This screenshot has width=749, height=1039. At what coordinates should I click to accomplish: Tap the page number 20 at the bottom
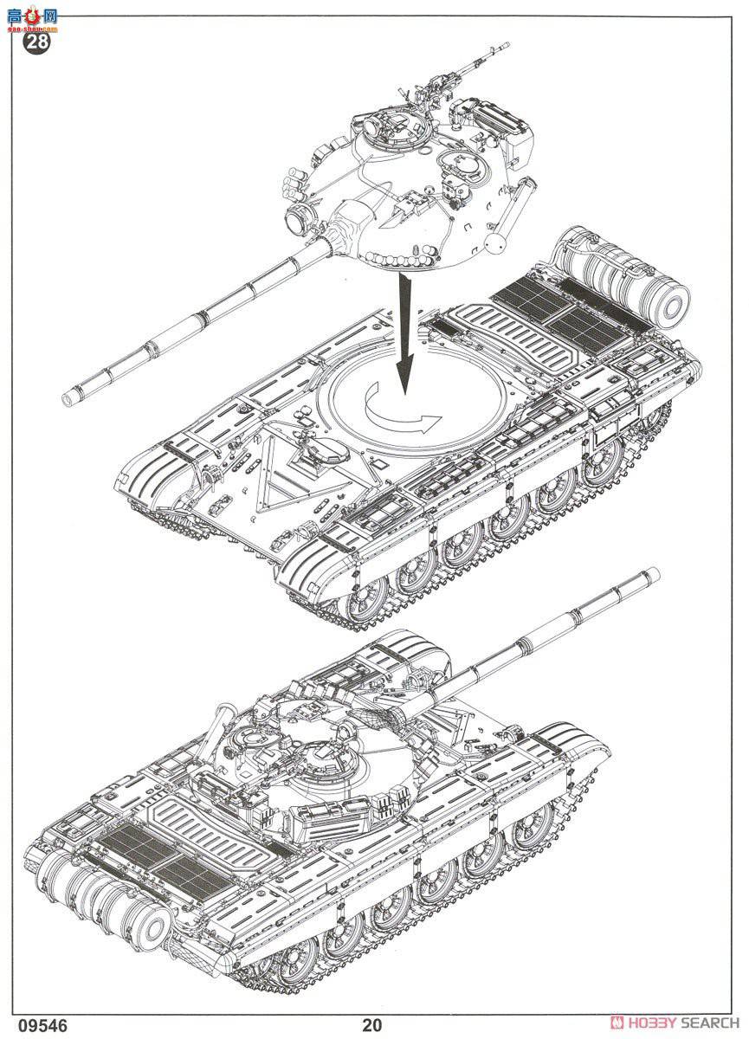tap(372, 1025)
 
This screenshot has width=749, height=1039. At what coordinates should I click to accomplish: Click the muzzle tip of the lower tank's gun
tap(651, 574)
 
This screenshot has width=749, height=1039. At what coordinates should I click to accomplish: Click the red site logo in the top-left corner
tap(35, 16)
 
